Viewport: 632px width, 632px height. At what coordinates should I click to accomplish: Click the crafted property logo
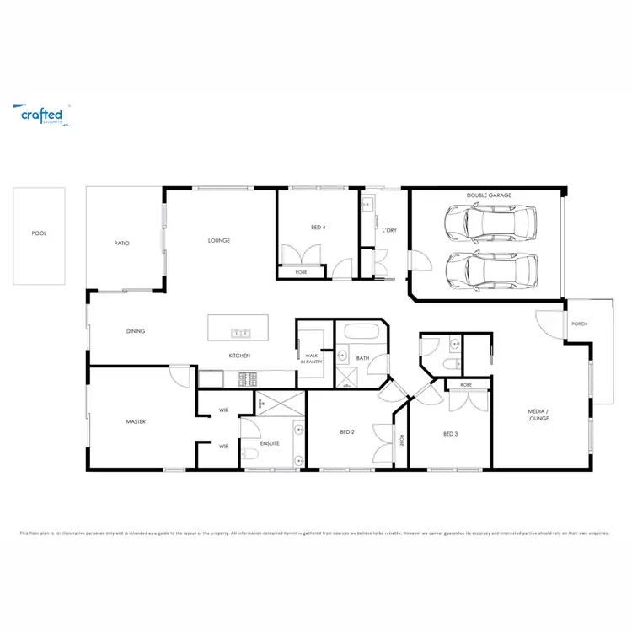tap(41, 115)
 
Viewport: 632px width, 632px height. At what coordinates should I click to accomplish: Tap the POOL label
tap(38, 233)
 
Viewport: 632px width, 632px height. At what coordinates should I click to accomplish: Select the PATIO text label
tap(122, 244)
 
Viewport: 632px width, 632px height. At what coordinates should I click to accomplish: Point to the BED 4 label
tap(317, 228)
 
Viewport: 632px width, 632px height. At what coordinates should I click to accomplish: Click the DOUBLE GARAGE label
tap(489, 195)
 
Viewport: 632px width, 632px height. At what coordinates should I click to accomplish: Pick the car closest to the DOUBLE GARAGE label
tap(489, 223)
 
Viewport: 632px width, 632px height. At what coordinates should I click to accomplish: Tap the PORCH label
tap(579, 324)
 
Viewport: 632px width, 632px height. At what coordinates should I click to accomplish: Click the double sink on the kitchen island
tap(238, 333)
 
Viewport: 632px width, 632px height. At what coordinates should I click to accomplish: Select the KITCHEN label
tap(239, 356)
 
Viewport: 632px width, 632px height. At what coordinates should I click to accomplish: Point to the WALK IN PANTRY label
tap(311, 361)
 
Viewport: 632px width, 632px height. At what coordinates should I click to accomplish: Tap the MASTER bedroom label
tap(137, 421)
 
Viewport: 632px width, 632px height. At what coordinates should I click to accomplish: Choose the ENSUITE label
tap(270, 442)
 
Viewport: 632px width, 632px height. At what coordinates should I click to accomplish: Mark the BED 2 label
tap(346, 432)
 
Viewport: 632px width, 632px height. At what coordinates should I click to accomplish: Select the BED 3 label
tap(450, 434)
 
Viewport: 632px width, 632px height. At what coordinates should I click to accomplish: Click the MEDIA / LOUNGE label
tap(538, 415)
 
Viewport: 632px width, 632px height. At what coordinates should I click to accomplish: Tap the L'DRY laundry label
tap(388, 230)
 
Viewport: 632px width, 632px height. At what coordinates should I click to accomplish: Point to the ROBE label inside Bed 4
tap(301, 272)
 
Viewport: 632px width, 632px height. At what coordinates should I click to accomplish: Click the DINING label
tap(136, 331)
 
